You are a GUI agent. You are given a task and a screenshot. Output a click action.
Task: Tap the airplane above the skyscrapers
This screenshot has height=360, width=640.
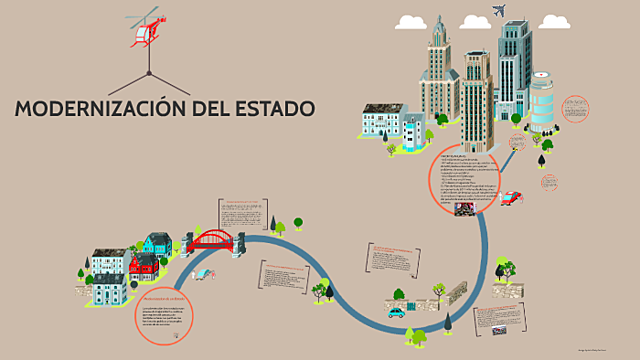[499, 11]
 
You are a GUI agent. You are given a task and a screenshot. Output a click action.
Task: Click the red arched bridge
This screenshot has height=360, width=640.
[211, 241]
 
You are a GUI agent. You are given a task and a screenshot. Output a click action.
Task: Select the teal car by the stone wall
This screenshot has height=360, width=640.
[397, 311]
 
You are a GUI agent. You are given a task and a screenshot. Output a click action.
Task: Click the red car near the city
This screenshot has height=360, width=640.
[511, 198]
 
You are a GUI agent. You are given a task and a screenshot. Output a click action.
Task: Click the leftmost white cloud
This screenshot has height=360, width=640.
[411, 21]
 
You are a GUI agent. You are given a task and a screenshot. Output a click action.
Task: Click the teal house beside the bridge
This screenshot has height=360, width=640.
[157, 243]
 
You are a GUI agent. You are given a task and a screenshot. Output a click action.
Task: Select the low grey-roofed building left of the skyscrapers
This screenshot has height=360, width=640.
[381, 121]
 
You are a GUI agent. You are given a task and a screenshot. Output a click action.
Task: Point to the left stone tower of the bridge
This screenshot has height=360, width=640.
[191, 242]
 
